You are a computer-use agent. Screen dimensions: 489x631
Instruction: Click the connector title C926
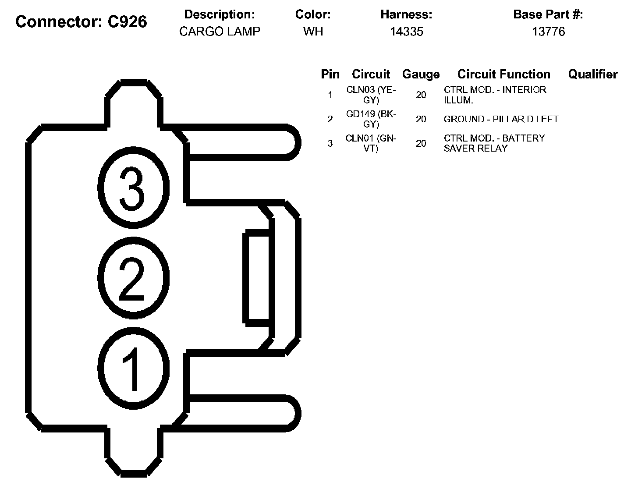pyautogui.click(x=81, y=21)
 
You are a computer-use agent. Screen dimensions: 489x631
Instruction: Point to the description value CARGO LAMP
pyautogui.click(x=220, y=32)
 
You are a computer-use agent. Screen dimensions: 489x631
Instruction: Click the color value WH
pyautogui.click(x=313, y=32)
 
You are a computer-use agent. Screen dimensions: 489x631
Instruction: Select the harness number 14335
pyautogui.click(x=406, y=32)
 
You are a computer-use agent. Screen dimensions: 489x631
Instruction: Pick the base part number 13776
pyautogui.click(x=548, y=32)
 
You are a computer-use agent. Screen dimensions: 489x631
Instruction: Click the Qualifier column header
pyautogui.click(x=592, y=74)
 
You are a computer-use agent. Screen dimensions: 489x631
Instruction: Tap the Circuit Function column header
pyautogui.click(x=503, y=74)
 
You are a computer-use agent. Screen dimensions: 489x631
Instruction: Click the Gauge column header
pyautogui.click(x=421, y=74)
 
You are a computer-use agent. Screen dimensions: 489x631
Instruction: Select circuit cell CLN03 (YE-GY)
pyautogui.click(x=371, y=95)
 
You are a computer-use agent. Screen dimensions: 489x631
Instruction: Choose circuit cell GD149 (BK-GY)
pyautogui.click(x=371, y=119)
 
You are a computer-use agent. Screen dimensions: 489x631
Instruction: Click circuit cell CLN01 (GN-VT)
pyautogui.click(x=371, y=143)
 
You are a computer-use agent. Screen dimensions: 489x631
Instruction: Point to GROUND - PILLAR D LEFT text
pyautogui.click(x=501, y=119)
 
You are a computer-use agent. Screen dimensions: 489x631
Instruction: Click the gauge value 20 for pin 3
pyautogui.click(x=421, y=143)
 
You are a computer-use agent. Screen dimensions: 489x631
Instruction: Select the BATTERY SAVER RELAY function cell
pyautogui.click(x=494, y=143)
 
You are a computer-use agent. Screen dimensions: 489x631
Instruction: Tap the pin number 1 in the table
pyautogui.click(x=330, y=95)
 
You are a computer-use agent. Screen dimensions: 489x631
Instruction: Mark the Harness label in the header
pyautogui.click(x=406, y=14)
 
